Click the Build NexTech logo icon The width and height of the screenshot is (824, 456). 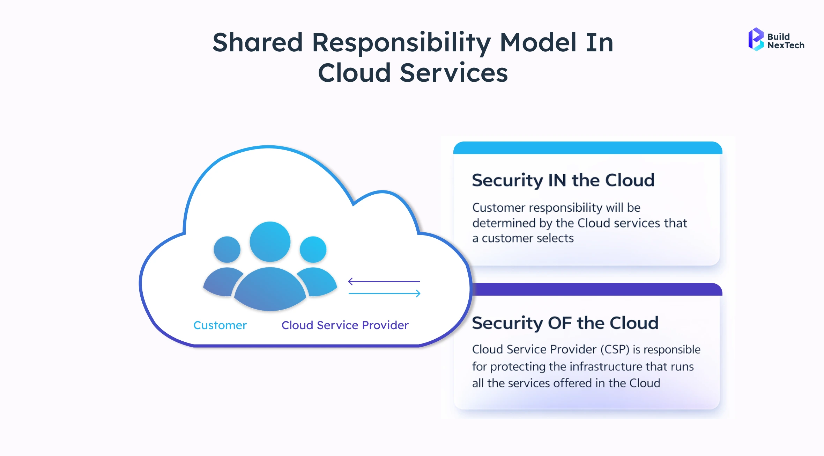756,39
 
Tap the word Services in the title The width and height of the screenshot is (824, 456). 454,73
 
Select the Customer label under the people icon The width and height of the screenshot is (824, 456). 220,325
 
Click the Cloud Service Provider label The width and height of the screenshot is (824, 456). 345,325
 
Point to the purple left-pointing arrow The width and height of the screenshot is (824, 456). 384,281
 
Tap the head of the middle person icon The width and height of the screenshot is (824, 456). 270,241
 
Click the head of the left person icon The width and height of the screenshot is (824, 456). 227,249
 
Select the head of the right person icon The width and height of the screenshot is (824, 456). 313,249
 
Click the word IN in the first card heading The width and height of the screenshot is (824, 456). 557,180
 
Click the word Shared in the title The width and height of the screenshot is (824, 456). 258,43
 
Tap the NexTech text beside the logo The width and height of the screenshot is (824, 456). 786,45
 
